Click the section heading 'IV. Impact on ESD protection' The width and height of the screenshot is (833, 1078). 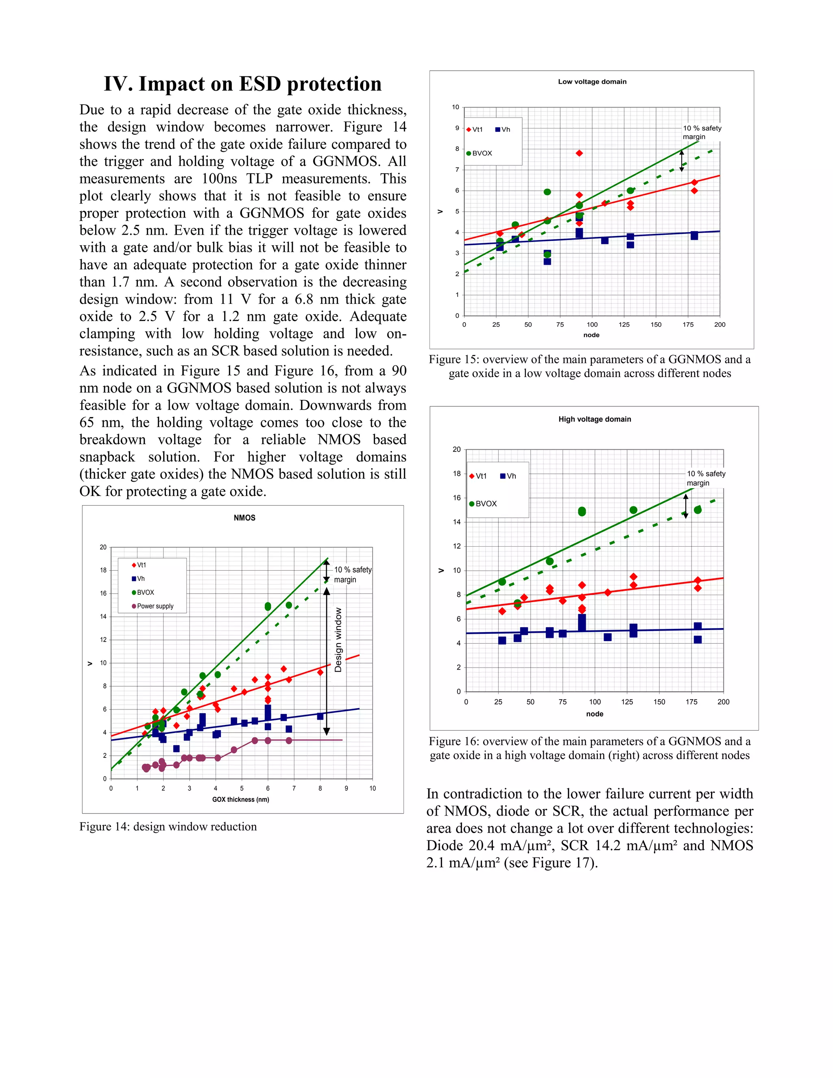click(x=242, y=84)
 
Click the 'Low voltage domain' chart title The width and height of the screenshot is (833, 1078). click(x=592, y=82)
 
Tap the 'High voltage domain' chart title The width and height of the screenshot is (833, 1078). click(x=594, y=419)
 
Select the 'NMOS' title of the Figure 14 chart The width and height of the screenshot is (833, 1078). click(x=244, y=518)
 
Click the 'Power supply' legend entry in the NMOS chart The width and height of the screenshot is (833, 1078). click(x=155, y=606)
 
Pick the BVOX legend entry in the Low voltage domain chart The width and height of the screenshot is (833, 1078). click(x=481, y=153)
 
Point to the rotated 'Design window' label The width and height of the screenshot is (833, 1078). click(x=338, y=640)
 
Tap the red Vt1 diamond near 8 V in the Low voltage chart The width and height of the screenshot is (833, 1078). click(x=579, y=153)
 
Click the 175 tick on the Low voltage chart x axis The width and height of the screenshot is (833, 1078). click(x=687, y=325)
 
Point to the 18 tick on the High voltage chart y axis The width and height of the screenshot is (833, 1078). click(x=456, y=474)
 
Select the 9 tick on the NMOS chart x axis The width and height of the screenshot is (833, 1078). click(x=346, y=788)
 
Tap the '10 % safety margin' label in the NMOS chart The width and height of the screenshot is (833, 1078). click(x=352, y=574)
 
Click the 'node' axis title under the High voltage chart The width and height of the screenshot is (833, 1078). click(x=594, y=714)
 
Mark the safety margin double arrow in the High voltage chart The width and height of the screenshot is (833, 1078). click(x=685, y=506)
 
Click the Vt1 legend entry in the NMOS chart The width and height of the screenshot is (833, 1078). click(x=141, y=565)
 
